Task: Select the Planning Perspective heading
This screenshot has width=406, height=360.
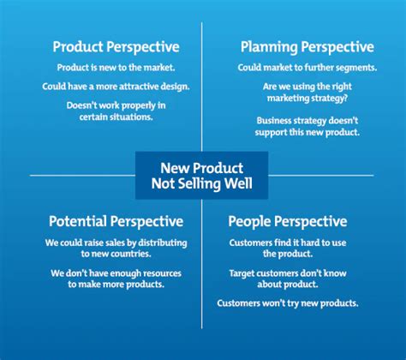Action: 306,47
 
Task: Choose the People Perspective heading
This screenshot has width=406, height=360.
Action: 288,221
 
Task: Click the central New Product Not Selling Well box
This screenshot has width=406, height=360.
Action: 202,175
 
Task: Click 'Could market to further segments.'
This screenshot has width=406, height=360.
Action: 306,67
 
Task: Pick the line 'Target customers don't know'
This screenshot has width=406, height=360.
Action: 288,273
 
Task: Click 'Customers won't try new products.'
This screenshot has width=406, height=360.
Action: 288,303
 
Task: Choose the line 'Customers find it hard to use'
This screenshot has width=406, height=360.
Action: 288,243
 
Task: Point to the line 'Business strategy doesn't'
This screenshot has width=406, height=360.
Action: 306,121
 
